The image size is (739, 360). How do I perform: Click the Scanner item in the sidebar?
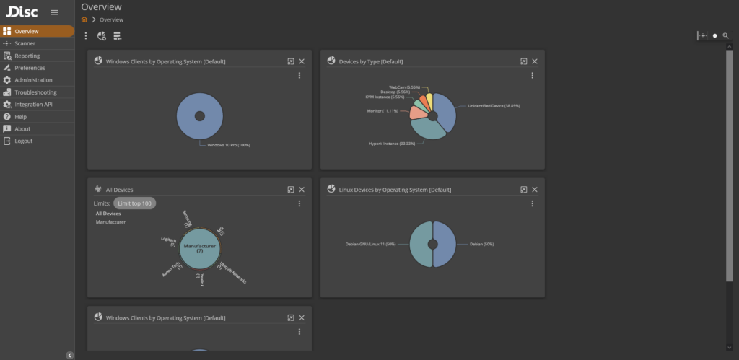25,43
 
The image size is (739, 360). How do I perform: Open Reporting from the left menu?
27,56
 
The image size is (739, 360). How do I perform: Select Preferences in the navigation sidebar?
30,68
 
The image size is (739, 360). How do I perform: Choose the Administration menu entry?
33,80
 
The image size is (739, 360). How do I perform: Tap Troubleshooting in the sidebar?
35,92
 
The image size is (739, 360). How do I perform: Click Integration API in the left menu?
33,105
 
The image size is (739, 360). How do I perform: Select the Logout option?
23,141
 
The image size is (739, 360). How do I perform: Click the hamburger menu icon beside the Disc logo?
54,12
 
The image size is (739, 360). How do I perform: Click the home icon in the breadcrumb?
84,19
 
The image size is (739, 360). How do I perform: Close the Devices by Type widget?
535,61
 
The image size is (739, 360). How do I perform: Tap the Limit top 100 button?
135,203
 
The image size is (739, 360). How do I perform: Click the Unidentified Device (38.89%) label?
494,106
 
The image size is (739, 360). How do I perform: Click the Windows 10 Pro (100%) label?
228,145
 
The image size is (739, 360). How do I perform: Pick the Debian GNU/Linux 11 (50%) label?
370,245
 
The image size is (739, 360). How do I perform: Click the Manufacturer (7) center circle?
200,248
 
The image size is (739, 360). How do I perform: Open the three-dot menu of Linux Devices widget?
533,203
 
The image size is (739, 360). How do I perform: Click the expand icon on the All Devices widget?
291,190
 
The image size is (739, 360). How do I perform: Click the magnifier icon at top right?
726,35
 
